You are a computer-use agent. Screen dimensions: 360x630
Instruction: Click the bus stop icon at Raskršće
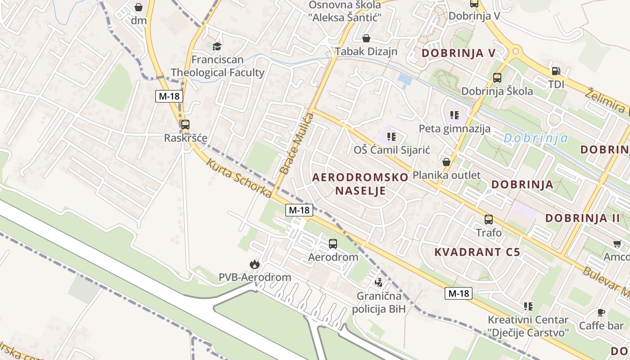(185, 125)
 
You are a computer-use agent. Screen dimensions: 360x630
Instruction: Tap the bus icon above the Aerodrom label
(333, 244)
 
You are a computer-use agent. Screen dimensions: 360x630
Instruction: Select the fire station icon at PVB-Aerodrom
(255, 264)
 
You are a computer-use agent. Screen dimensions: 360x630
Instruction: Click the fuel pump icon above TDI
(556, 71)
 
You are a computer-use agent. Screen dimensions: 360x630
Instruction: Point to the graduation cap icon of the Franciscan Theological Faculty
(217, 46)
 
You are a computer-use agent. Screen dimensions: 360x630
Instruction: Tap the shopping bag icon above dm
(139, 7)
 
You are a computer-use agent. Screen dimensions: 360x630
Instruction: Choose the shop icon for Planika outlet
(446, 162)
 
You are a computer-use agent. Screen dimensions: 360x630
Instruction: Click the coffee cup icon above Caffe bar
(601, 312)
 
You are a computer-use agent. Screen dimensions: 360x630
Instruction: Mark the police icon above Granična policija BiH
(379, 283)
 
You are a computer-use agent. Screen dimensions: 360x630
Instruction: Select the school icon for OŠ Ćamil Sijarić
(391, 136)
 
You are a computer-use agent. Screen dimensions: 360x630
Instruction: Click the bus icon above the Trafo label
(489, 220)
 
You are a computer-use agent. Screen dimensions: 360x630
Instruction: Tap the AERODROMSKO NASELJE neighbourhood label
(360, 184)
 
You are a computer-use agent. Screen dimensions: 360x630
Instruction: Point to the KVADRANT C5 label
(477, 252)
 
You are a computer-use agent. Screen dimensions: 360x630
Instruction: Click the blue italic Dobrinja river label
(536, 138)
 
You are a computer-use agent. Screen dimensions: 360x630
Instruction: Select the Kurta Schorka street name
(239, 178)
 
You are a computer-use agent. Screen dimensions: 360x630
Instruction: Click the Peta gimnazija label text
(454, 129)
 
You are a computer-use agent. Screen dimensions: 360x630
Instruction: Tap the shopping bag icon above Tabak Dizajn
(366, 38)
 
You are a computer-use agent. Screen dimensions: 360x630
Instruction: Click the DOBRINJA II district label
(583, 218)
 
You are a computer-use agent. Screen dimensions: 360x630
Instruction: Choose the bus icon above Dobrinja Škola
(497, 78)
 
